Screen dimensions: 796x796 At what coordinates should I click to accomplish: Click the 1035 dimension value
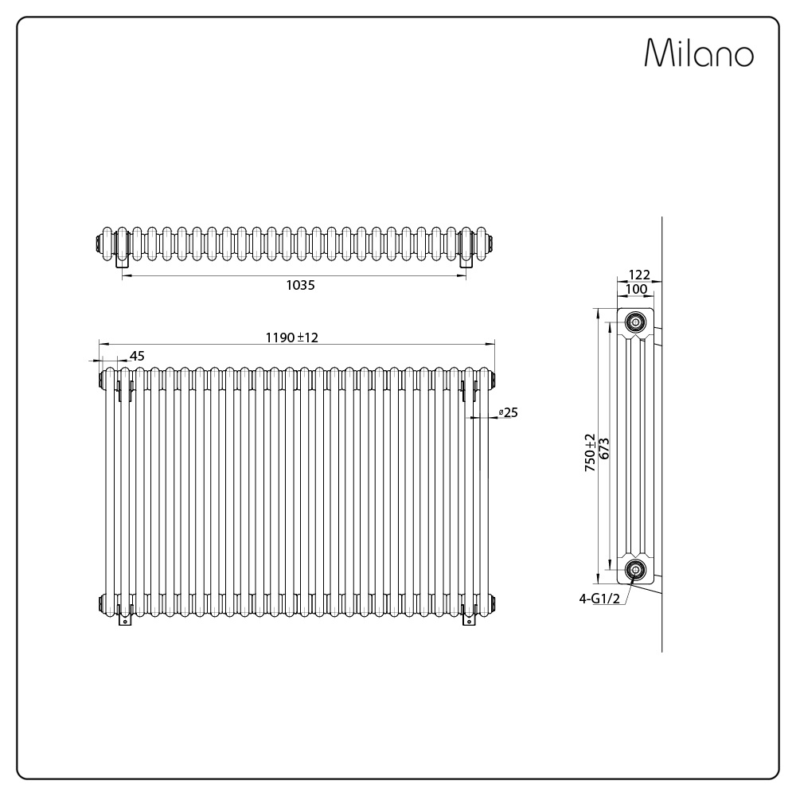(x=301, y=285)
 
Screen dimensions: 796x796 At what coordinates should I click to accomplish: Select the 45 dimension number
(x=137, y=356)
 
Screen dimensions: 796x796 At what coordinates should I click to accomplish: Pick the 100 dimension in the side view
(x=637, y=289)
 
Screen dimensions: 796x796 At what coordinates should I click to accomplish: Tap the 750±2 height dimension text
(x=590, y=454)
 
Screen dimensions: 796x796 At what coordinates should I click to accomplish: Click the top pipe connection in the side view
(x=635, y=322)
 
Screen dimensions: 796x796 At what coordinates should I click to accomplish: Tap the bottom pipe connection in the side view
(x=635, y=569)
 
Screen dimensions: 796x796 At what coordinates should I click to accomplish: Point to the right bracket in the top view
(x=466, y=259)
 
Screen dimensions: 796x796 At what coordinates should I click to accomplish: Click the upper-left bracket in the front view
(x=123, y=390)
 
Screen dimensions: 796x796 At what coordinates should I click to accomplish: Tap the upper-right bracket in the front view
(x=467, y=390)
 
